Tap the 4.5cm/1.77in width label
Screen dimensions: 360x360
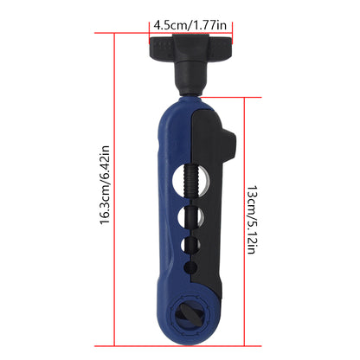(190, 25)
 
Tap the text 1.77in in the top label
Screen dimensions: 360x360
(210, 25)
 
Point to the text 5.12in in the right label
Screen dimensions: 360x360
(252, 235)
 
